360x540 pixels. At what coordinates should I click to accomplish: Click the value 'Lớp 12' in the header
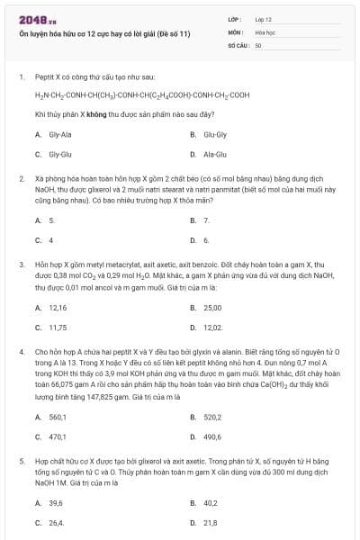(x=264, y=18)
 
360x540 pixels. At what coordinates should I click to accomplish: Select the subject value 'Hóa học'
(x=265, y=31)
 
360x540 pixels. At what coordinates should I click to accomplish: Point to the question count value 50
(x=258, y=44)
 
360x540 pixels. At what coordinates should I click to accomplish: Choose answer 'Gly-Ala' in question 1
(x=60, y=134)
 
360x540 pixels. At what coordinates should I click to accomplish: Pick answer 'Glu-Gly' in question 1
(x=214, y=134)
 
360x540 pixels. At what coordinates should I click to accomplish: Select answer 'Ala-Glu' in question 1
(x=214, y=154)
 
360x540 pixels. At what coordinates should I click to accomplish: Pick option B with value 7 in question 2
(x=206, y=220)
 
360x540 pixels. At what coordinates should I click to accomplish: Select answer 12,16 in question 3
(x=58, y=307)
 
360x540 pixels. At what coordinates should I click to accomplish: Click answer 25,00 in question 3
(x=212, y=307)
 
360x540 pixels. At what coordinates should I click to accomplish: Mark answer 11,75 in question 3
(x=58, y=327)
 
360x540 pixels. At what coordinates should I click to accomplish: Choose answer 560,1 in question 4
(x=58, y=417)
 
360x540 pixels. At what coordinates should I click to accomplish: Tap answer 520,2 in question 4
(x=212, y=417)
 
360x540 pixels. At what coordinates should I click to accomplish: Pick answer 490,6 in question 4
(x=212, y=436)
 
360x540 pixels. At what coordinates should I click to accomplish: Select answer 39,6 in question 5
(x=56, y=502)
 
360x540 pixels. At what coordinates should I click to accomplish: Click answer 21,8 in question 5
(x=210, y=522)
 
